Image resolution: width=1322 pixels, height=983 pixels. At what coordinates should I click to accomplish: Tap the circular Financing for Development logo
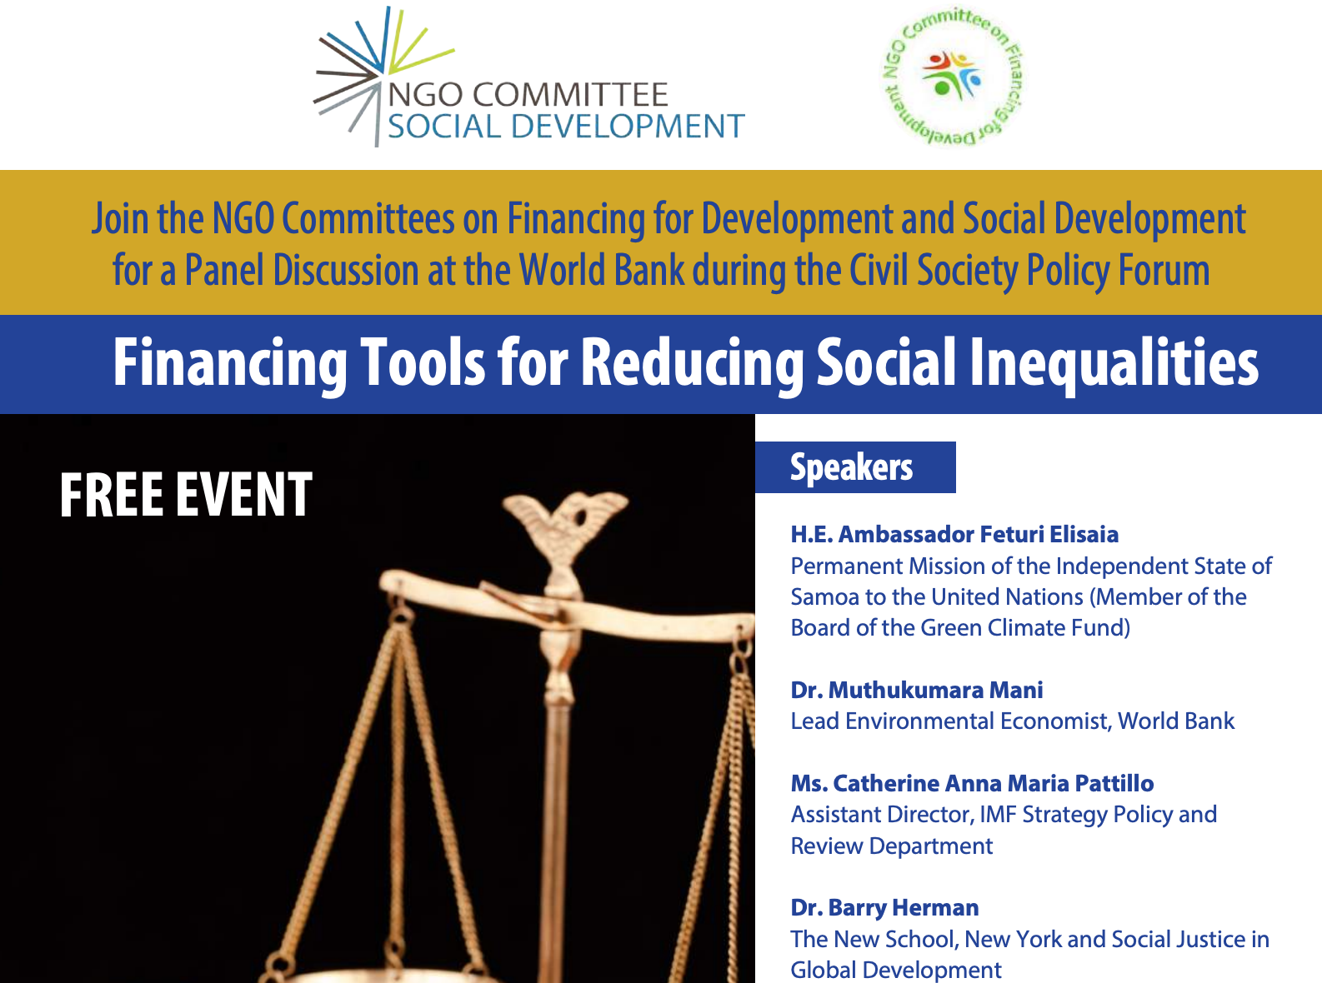tap(952, 77)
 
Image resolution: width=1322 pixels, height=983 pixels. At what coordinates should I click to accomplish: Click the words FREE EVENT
tap(185, 495)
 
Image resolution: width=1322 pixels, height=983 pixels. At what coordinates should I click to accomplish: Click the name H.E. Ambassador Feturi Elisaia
tap(954, 534)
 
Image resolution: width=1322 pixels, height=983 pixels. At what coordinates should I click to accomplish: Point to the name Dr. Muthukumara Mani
tap(917, 690)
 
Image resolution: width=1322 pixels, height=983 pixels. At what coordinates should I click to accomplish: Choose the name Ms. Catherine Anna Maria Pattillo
tap(972, 783)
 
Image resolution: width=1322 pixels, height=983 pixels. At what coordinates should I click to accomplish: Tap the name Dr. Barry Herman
tap(884, 908)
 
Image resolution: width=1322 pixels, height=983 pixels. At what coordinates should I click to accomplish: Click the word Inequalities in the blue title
tap(1114, 363)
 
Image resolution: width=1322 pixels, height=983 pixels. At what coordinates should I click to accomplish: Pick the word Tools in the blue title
tap(423, 363)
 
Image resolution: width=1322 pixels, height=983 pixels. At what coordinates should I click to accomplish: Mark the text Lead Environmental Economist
tap(950, 721)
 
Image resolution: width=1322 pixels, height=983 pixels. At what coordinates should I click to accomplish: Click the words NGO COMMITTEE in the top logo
tap(528, 95)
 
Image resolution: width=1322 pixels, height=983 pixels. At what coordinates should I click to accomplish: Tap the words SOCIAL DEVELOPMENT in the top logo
tap(566, 127)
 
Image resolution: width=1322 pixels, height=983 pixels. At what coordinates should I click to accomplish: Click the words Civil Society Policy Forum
tap(1029, 271)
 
